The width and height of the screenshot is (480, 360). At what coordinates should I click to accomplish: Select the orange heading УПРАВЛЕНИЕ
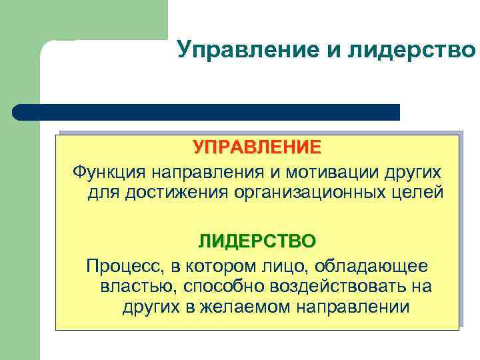(257, 146)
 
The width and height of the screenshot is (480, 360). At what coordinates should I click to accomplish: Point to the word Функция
(111, 173)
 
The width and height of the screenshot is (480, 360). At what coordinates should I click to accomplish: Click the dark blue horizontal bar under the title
(207, 112)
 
